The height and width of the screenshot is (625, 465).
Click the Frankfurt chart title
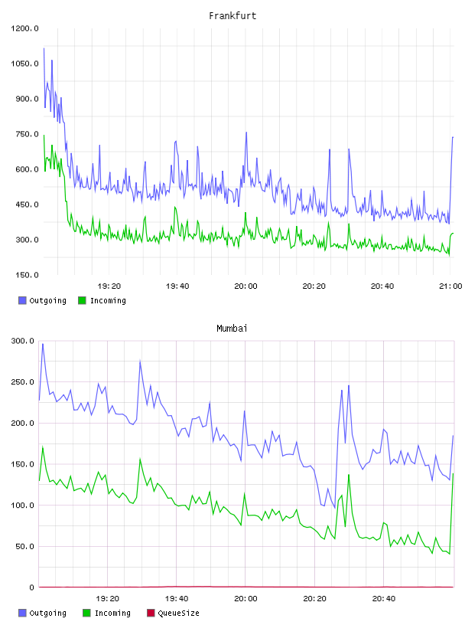tap(232, 16)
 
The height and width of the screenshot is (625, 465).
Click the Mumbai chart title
tap(232, 329)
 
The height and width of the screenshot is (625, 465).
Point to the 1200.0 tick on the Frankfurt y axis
tap(24, 28)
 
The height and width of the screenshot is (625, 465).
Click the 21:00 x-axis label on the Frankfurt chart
tap(450, 286)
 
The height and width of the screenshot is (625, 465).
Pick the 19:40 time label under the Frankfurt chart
tap(177, 286)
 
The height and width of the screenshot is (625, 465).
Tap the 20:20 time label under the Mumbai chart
tap(314, 599)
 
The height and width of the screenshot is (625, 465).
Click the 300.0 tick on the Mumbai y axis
tap(23, 341)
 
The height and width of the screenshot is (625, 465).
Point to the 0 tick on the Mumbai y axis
tap(31, 587)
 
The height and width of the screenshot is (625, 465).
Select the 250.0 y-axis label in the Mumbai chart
tap(23, 382)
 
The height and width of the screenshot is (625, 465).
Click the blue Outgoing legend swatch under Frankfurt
tap(22, 300)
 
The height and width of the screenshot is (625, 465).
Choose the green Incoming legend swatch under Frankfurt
tap(82, 300)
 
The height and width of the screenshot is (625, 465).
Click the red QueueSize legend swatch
tap(151, 613)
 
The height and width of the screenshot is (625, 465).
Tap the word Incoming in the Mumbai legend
tap(112, 613)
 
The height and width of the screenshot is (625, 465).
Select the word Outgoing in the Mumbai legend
tap(47, 613)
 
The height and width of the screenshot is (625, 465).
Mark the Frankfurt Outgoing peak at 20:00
tap(246, 133)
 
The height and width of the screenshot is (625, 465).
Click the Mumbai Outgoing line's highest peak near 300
tap(43, 344)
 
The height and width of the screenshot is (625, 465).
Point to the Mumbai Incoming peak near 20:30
tap(349, 475)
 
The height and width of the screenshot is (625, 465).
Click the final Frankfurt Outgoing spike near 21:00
tap(453, 137)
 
